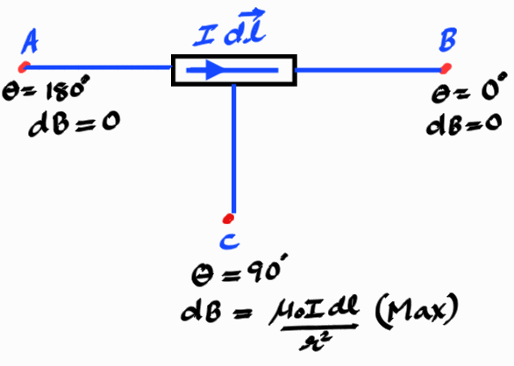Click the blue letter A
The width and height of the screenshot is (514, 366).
[30, 41]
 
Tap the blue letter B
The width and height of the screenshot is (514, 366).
[448, 40]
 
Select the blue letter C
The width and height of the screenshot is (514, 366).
[230, 242]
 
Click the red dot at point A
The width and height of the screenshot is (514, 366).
[24, 67]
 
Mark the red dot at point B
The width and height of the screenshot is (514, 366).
[446, 68]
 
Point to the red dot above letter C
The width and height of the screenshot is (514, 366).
[228, 219]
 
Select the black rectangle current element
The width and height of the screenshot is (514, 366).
[234, 70]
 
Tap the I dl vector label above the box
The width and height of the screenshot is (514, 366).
[230, 29]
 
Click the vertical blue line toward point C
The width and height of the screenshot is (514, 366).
[233, 149]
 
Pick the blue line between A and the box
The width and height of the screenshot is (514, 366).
[97, 67]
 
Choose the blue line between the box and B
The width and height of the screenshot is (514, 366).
[369, 70]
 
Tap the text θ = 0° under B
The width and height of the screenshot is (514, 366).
[469, 88]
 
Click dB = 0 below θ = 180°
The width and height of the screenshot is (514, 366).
[75, 123]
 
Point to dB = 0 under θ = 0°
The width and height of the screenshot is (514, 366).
[464, 123]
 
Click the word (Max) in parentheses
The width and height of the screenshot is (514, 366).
[417, 310]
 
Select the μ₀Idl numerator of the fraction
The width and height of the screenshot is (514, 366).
[314, 309]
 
